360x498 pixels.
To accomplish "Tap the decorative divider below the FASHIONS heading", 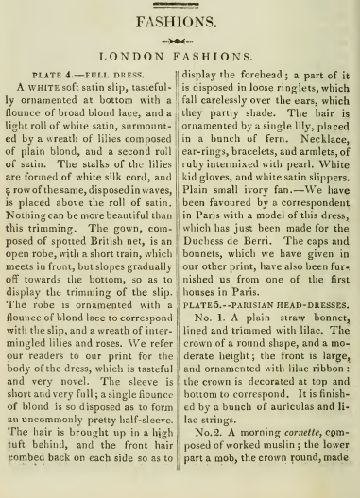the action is click(180, 41).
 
